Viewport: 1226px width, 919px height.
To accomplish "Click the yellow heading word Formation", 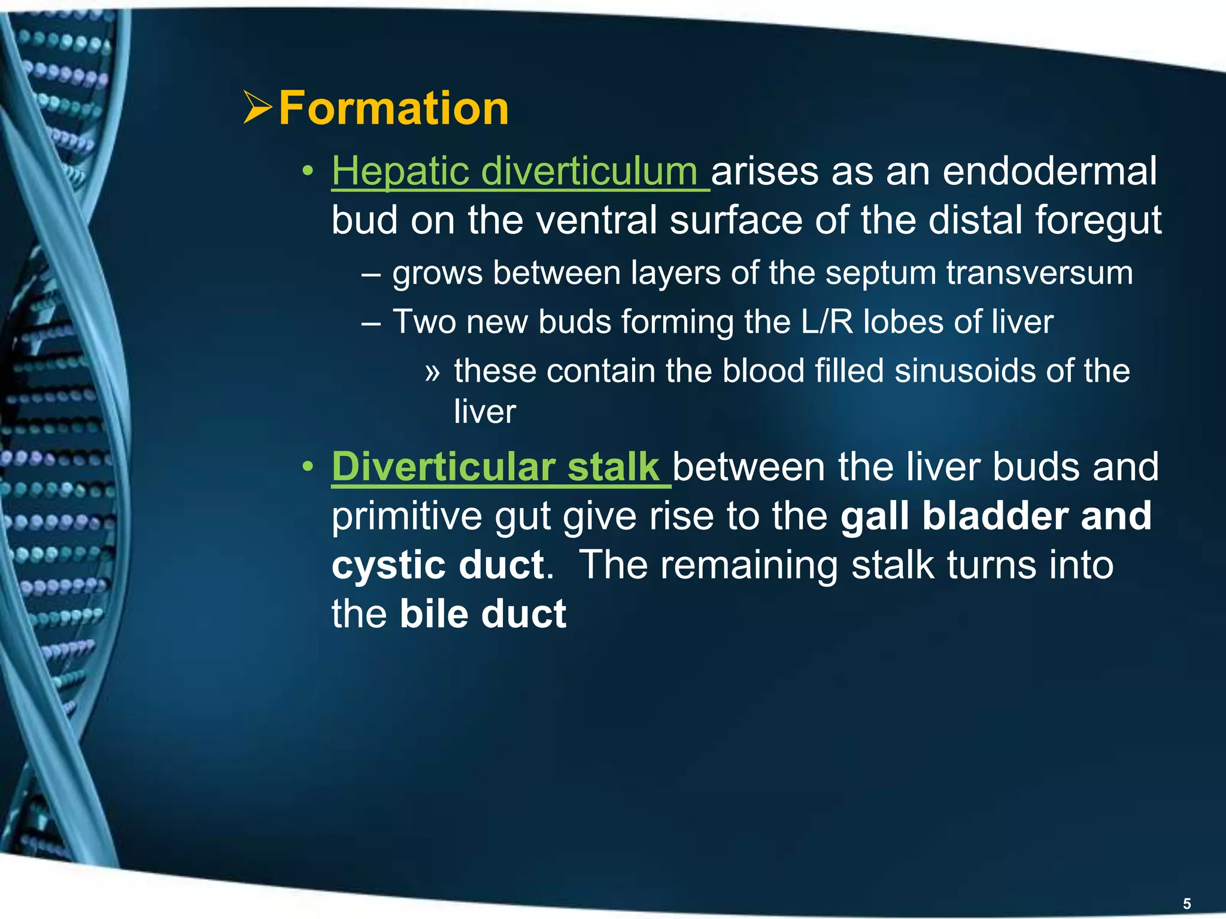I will pos(393,108).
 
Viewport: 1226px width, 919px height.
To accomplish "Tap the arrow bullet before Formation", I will pos(258,108).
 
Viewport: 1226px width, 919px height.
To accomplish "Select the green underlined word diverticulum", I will pos(589,172).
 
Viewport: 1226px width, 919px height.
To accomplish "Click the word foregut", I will pos(1098,221).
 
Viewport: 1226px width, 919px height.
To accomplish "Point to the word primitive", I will pos(406,516).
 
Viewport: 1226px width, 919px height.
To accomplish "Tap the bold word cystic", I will pos(389,565).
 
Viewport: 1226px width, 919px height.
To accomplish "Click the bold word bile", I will pos(433,614).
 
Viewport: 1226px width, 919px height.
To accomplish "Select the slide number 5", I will pos(1187,903).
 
